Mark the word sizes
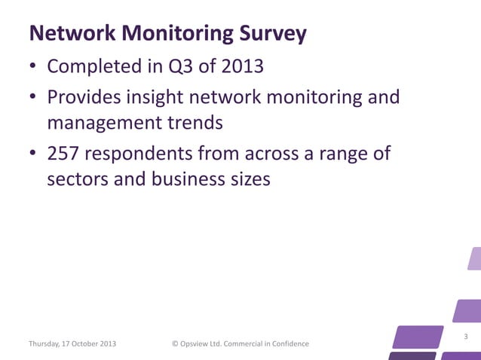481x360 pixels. pos(244,179)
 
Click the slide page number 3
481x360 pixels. pos(466,336)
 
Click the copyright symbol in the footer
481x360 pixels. pos(176,344)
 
